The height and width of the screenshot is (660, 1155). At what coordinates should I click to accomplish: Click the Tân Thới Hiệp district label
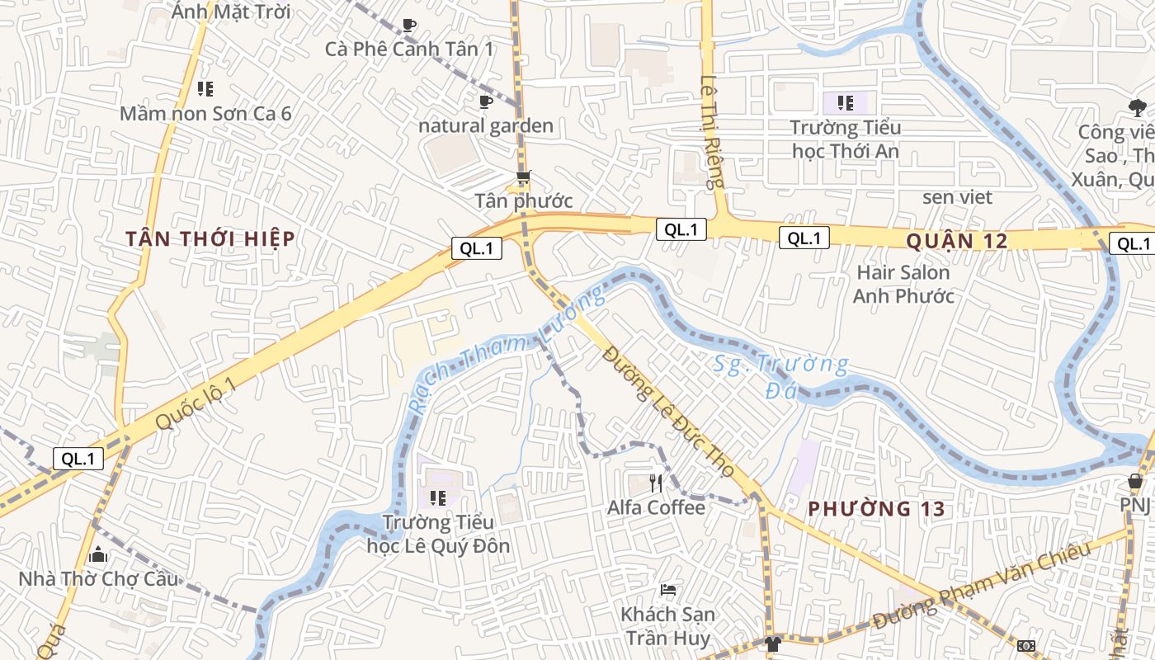pyautogui.click(x=210, y=239)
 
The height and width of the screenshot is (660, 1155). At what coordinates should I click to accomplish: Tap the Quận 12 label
pyautogui.click(x=957, y=241)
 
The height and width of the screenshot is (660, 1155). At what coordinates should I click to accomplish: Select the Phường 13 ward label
pyautogui.click(x=876, y=509)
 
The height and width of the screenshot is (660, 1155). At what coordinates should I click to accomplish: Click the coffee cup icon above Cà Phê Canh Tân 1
pyautogui.click(x=409, y=26)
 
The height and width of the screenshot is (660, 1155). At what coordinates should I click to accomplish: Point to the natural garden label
pyautogui.click(x=486, y=126)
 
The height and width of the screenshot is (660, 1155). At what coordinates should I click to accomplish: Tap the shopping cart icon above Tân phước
pyautogui.click(x=523, y=177)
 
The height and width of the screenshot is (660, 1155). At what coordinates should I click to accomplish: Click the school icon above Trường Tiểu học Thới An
pyautogui.click(x=845, y=103)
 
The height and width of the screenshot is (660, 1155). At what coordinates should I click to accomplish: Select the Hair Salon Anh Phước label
pyautogui.click(x=903, y=284)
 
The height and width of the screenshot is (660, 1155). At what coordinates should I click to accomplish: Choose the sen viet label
pyautogui.click(x=957, y=197)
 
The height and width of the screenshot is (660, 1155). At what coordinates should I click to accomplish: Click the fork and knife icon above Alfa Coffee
pyautogui.click(x=657, y=483)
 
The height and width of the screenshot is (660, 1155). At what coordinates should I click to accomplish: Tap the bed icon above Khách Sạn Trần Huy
pyautogui.click(x=668, y=590)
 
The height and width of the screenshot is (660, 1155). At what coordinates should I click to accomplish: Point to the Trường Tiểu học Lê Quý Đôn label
pyautogui.click(x=438, y=534)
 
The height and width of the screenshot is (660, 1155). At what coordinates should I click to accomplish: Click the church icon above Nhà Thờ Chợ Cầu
pyautogui.click(x=98, y=554)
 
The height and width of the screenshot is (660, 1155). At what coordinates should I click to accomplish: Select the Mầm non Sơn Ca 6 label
pyautogui.click(x=205, y=113)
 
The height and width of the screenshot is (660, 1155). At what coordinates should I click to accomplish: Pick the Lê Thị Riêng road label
pyautogui.click(x=711, y=132)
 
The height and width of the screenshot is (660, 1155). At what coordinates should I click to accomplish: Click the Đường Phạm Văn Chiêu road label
pyautogui.click(x=982, y=586)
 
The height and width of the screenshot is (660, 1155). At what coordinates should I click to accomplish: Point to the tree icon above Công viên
pyautogui.click(x=1138, y=106)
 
